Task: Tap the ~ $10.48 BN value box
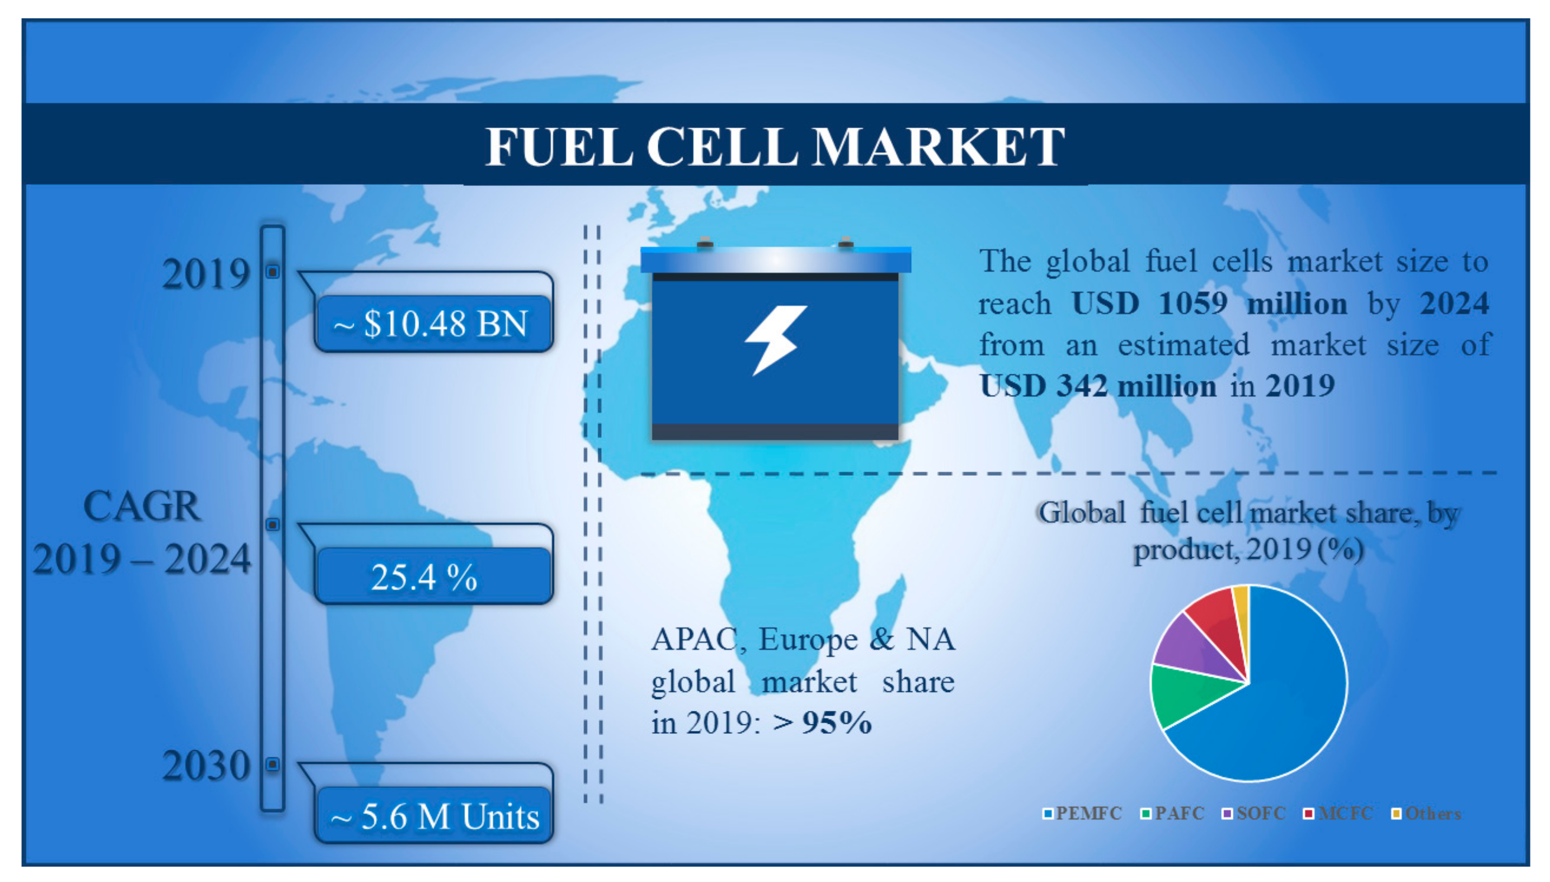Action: click(433, 323)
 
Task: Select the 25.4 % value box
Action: click(433, 576)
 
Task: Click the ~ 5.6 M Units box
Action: click(433, 815)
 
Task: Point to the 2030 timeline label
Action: click(206, 765)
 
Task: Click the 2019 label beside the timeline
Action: click(206, 273)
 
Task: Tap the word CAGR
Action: click(142, 506)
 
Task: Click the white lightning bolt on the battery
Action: click(776, 340)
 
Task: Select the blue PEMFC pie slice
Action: click(1278, 709)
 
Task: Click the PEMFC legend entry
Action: click(1082, 814)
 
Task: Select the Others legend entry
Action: click(1426, 814)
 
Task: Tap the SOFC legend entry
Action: click(1254, 814)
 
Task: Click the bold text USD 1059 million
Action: click(1210, 303)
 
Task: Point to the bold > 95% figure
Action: click(822, 722)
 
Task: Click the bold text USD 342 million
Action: click(1098, 386)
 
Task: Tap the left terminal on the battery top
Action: click(705, 242)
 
